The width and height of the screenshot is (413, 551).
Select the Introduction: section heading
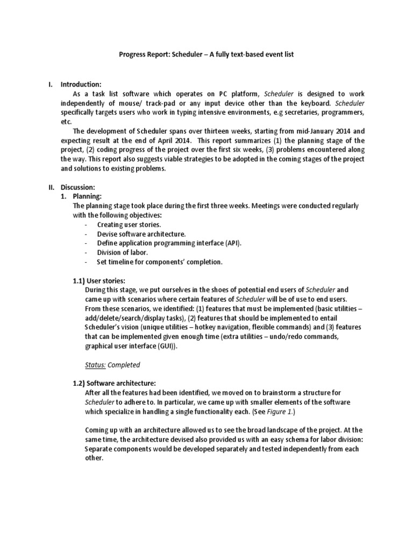pos(81,84)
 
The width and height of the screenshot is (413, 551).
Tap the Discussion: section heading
pos(77,187)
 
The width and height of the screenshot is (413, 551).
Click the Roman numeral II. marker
pos(51,187)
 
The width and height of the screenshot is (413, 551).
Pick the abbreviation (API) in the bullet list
pos(232,243)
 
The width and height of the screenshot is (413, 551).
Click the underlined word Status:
pos(96,365)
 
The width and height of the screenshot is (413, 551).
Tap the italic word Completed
pos(124,365)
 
